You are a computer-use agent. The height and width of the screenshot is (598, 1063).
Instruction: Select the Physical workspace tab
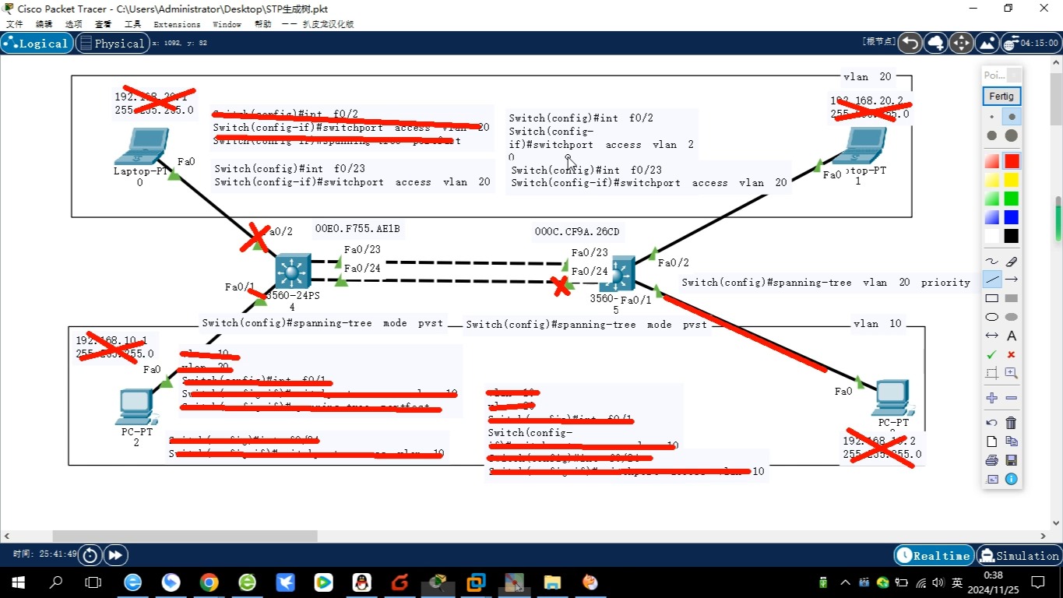pyautogui.click(x=112, y=44)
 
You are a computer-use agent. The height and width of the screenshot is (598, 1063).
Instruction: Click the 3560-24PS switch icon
pyautogui.click(x=293, y=273)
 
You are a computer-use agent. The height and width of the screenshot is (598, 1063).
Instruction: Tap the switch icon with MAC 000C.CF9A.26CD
pyautogui.click(x=618, y=273)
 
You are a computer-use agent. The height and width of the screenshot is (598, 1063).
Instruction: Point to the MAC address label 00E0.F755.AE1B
pyautogui.click(x=357, y=229)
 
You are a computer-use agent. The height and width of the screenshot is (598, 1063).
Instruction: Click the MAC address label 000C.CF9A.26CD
pyautogui.click(x=577, y=231)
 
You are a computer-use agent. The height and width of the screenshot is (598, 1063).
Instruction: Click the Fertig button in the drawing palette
pyautogui.click(x=1001, y=97)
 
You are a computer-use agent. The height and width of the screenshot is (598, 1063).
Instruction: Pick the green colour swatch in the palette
pyautogui.click(x=1011, y=199)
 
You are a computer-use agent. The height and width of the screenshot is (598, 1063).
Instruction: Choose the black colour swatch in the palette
pyautogui.click(x=1011, y=236)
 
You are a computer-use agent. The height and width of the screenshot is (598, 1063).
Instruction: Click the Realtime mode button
pyautogui.click(x=935, y=555)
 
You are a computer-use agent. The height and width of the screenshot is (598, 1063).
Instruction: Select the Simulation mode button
pyautogui.click(x=1019, y=555)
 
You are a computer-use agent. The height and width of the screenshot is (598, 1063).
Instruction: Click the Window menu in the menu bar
pyautogui.click(x=227, y=24)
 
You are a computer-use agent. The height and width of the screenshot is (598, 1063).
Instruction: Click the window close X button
pyautogui.click(x=1044, y=9)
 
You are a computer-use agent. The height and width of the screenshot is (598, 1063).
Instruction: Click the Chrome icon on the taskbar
pyautogui.click(x=209, y=582)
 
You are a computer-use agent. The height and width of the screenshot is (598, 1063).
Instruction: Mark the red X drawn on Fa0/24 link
pyautogui.click(x=560, y=287)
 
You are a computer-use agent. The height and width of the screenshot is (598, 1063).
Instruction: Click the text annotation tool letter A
pyautogui.click(x=1011, y=336)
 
